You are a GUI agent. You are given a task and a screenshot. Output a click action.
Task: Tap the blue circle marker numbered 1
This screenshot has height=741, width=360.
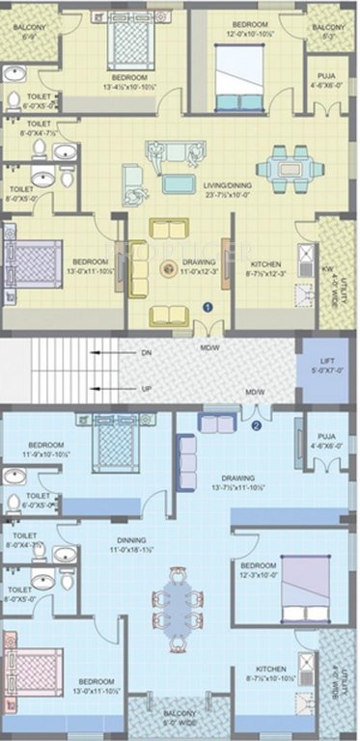pos(206,307)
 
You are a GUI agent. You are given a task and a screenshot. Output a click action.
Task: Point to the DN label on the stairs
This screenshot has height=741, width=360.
pos(148,353)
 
